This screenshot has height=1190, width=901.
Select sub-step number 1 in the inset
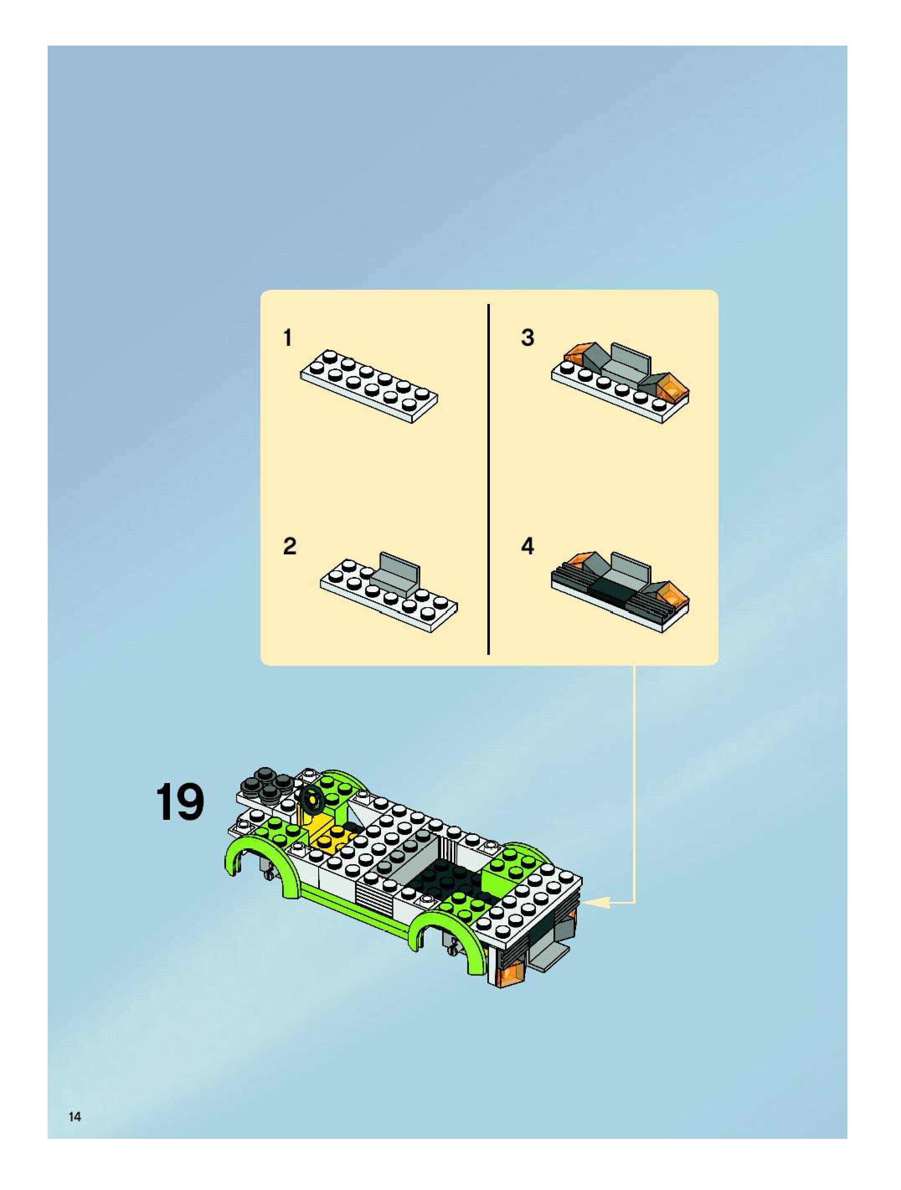point(288,338)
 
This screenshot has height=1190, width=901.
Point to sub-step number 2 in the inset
point(289,546)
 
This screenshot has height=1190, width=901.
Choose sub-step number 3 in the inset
point(528,337)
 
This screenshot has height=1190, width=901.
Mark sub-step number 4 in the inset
point(528,546)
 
